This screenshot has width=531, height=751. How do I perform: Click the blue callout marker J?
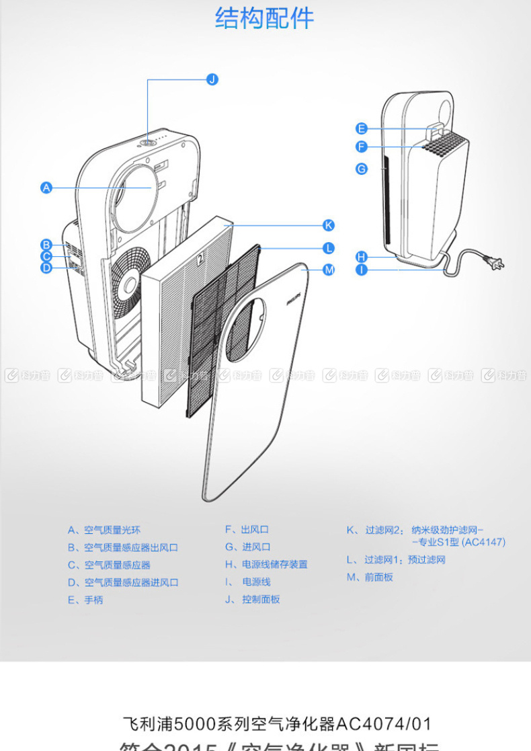212,79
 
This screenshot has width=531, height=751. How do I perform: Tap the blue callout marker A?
46,188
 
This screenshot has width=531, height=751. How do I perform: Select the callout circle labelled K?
329,225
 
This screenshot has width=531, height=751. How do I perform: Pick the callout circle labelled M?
329,270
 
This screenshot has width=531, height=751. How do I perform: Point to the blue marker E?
362,128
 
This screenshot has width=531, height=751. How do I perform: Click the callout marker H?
362,256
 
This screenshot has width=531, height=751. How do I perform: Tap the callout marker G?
362,169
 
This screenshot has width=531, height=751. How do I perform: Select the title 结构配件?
265,18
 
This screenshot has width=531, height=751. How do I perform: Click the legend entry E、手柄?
85,600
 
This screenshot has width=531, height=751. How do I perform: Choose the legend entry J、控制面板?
253,599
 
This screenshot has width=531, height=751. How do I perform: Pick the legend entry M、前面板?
370,577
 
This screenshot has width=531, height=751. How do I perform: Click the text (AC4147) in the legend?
483,542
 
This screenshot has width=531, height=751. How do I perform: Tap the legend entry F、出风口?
247,530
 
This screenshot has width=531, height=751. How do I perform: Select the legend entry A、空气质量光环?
104,530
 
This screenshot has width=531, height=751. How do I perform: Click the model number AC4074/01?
383,723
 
